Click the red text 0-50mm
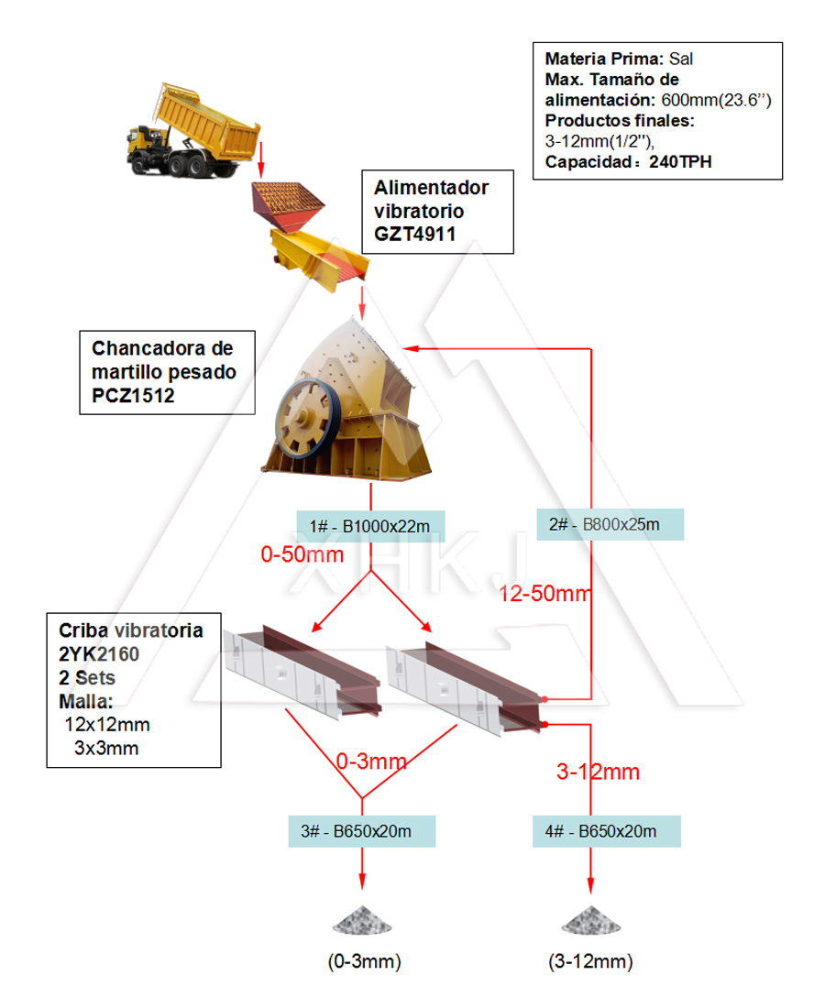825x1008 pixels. (302, 554)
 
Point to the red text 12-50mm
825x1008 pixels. (545, 594)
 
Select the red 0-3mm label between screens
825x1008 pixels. (371, 761)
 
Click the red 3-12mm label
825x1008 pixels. (598, 772)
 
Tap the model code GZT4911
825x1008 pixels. (414, 234)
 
